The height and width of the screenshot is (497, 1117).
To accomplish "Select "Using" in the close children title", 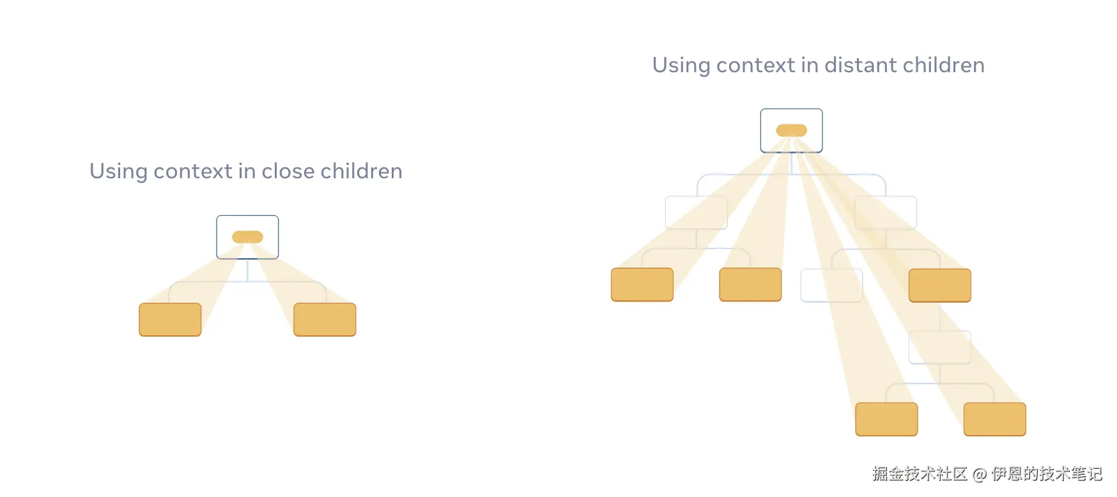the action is pyautogui.click(x=118, y=172).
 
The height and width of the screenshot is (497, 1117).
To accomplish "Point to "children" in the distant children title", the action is pyautogui.click(x=944, y=65).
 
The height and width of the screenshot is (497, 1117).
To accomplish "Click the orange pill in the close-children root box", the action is pyautogui.click(x=247, y=237).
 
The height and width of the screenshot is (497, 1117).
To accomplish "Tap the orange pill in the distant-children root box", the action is pyautogui.click(x=791, y=130).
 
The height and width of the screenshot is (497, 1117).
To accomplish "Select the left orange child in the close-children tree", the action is pyautogui.click(x=170, y=319).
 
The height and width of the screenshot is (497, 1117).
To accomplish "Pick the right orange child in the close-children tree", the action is pyautogui.click(x=325, y=319).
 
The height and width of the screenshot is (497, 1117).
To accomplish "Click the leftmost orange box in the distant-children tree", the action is pyautogui.click(x=642, y=284).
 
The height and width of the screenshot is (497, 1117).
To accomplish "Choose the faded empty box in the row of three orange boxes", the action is pyautogui.click(x=831, y=285).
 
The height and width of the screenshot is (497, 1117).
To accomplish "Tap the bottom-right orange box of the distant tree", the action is pyautogui.click(x=995, y=419).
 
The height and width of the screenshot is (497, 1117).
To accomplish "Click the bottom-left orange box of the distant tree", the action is pyautogui.click(x=886, y=419).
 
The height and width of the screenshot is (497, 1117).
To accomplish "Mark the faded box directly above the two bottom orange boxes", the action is pyautogui.click(x=940, y=347).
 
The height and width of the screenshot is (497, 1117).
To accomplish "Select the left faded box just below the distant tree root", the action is pyautogui.click(x=697, y=213).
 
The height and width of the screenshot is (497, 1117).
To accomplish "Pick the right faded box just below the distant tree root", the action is pyautogui.click(x=886, y=213).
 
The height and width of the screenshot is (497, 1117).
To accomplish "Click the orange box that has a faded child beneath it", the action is pyautogui.click(x=940, y=285).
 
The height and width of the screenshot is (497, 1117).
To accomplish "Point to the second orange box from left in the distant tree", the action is pyautogui.click(x=750, y=284).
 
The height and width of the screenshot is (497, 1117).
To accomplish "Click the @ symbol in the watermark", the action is pyautogui.click(x=979, y=474).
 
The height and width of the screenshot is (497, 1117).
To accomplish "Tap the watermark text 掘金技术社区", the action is pyautogui.click(x=920, y=473).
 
